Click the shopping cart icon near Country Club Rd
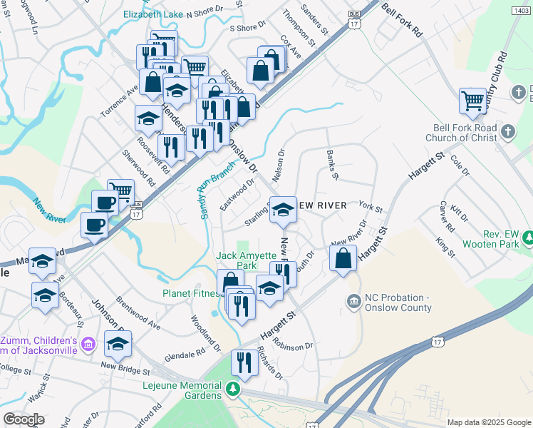point(472,100)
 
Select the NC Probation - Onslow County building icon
point(353,302)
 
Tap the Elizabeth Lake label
point(152,14)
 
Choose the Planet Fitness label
point(192,292)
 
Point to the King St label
point(447,246)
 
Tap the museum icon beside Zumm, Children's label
point(88,345)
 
